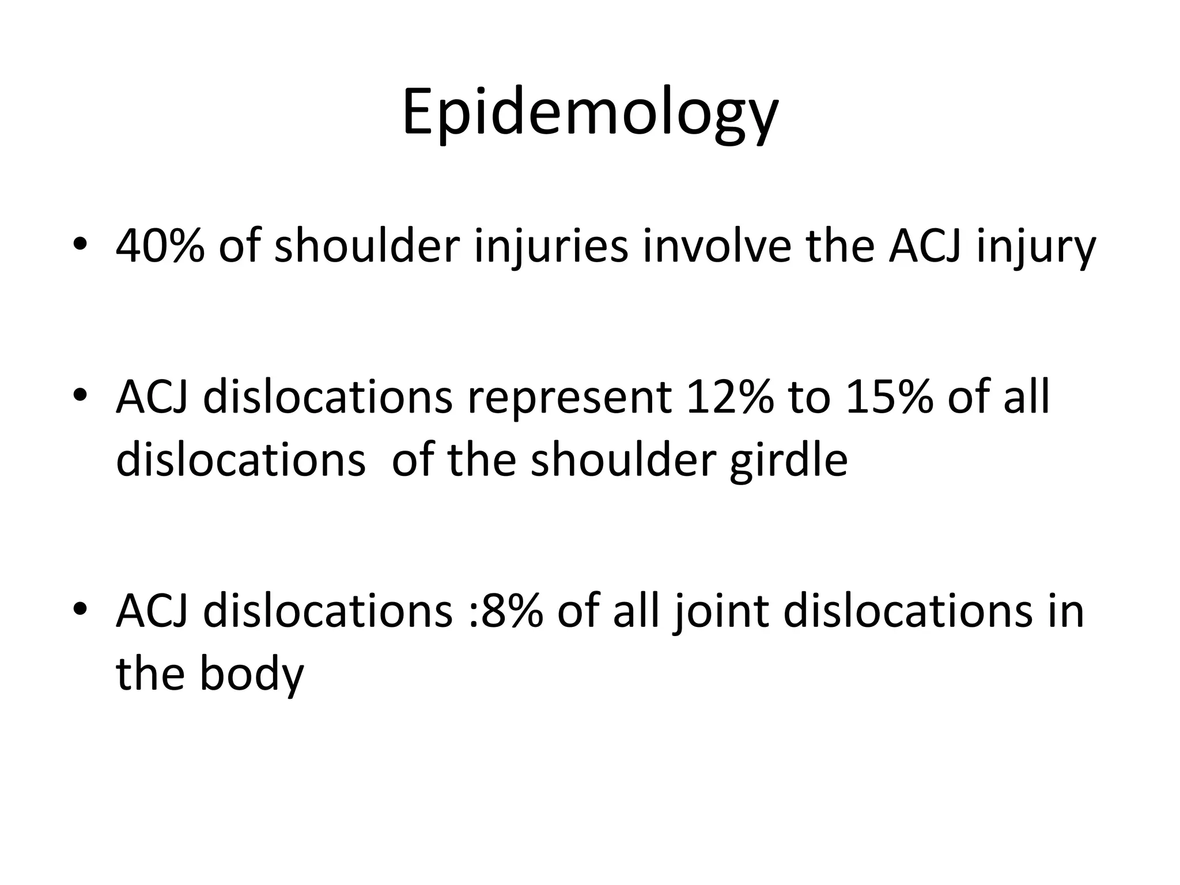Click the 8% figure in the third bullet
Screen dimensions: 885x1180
point(510,611)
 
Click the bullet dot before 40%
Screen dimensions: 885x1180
point(80,244)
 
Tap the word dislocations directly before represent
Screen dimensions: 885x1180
point(328,397)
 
